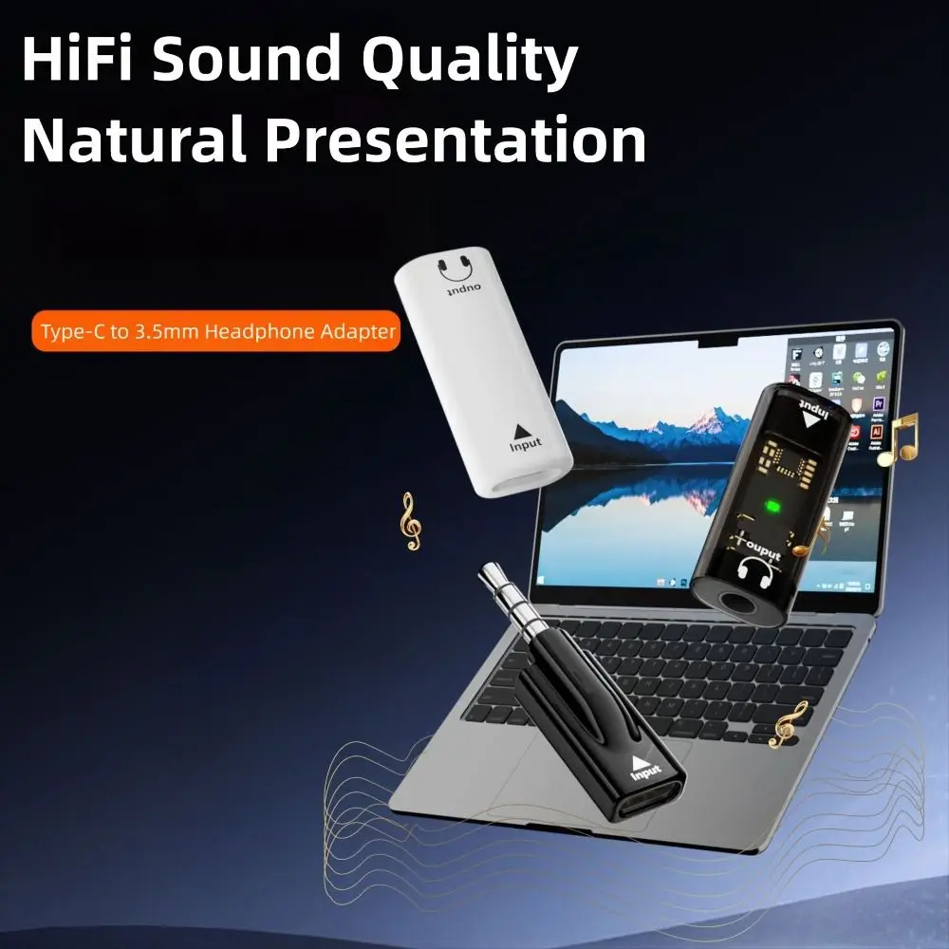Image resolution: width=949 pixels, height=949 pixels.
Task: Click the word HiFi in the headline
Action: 75,60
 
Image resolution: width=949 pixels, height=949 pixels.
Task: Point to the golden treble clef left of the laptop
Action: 410,520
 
